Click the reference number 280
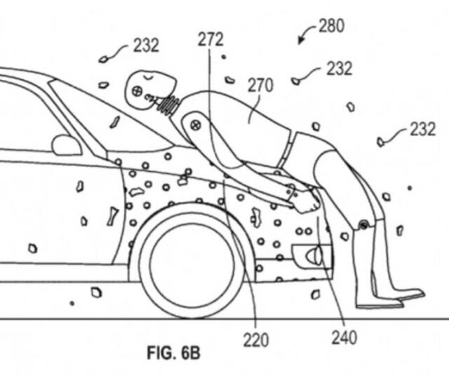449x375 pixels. pos(332,26)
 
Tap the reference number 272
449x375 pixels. pos(210,39)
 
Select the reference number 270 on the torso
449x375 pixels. pos(260,86)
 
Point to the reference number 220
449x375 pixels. pos(256,340)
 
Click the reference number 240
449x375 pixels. pos(344,338)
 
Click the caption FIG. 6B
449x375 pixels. pos(173,353)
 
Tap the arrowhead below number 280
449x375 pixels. pos(301,39)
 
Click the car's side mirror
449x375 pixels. pos(67,145)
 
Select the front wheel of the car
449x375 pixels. pos(192,260)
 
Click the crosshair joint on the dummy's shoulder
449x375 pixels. pos(196,125)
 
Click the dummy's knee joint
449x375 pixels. pos(363,225)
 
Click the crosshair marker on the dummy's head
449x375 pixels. pos(138,91)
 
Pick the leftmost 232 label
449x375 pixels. pos(146,45)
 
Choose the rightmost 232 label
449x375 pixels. pos(423,129)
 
